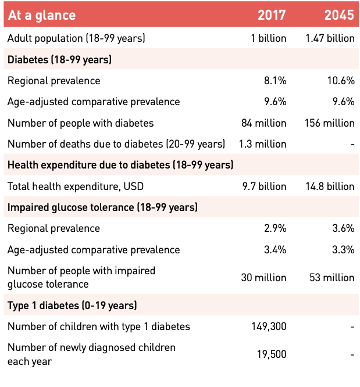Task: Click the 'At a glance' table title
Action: click(x=42, y=15)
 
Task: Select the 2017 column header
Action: click(x=272, y=15)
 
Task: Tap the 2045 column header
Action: click(x=339, y=15)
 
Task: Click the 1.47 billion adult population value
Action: click(x=330, y=38)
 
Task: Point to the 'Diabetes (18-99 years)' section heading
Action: click(x=59, y=59)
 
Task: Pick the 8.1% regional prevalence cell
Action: click(x=275, y=81)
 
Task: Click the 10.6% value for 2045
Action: click(x=341, y=81)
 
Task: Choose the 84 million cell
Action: click(x=264, y=123)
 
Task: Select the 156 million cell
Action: click(x=330, y=123)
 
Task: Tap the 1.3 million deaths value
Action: click(x=262, y=144)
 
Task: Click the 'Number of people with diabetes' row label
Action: click(x=80, y=123)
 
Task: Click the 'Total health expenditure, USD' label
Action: click(x=76, y=187)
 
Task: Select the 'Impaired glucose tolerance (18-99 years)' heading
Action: click(x=102, y=207)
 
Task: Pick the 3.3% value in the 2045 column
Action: click(x=343, y=250)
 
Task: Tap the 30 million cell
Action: click(x=264, y=278)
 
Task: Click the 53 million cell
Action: click(x=332, y=278)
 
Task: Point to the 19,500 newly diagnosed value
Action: click(x=271, y=354)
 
